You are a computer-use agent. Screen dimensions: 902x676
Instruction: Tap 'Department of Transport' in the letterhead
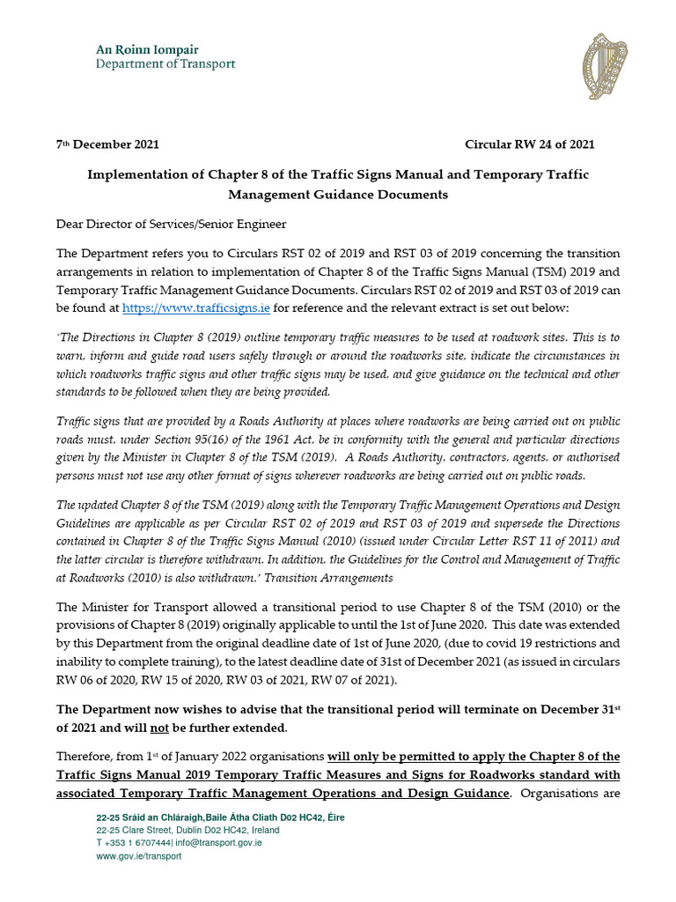165,63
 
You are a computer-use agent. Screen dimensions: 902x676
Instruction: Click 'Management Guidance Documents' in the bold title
338,194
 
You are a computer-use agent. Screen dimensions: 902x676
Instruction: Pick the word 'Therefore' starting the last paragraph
86,758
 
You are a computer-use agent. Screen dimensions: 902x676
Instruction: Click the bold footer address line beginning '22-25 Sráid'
220,817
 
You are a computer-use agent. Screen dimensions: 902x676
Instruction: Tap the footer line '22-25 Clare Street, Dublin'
187,830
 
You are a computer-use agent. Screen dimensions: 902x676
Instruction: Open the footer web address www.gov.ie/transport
139,856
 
